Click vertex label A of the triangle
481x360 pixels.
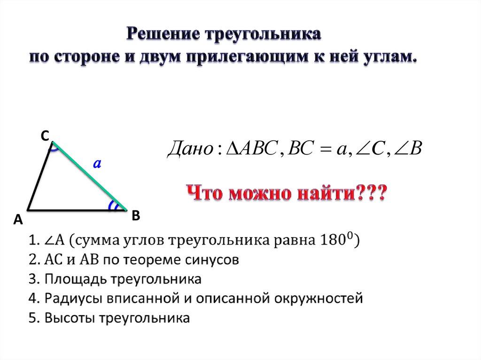18,220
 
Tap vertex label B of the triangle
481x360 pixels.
136,215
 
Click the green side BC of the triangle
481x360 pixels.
89,175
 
